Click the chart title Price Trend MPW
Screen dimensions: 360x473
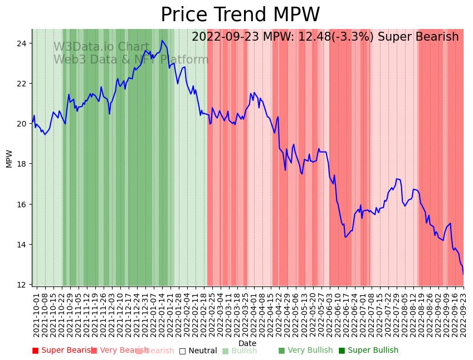[240, 15]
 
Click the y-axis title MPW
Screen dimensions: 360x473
[9, 158]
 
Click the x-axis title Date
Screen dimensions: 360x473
[247, 344]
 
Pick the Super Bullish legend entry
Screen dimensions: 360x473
[369, 351]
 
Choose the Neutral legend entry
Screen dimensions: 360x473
[198, 351]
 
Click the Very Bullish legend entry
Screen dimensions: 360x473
[305, 351]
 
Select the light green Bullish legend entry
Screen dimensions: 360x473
[240, 351]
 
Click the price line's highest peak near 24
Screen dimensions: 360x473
[162, 41]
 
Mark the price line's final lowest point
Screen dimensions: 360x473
[463, 274]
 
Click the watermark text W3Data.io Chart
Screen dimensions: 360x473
[101, 47]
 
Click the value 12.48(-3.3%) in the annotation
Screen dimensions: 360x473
[328, 37]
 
